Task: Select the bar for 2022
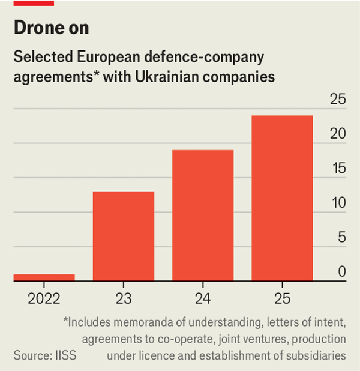pyautogui.click(x=44, y=277)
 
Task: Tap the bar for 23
pyautogui.click(x=123, y=236)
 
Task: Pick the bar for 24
pyautogui.click(x=203, y=215)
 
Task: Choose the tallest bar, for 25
pyautogui.click(x=282, y=198)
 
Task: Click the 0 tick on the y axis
pyautogui.click(x=342, y=272)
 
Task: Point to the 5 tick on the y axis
pyautogui.click(x=342, y=238)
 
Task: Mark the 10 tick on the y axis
pyautogui.click(x=338, y=203)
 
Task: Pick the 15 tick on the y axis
pyautogui.click(x=338, y=169)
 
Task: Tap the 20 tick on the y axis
pyautogui.click(x=338, y=134)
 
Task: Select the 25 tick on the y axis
pyautogui.click(x=338, y=100)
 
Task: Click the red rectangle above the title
pyautogui.click(x=34, y=3)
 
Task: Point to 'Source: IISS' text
pyautogui.click(x=46, y=355)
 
